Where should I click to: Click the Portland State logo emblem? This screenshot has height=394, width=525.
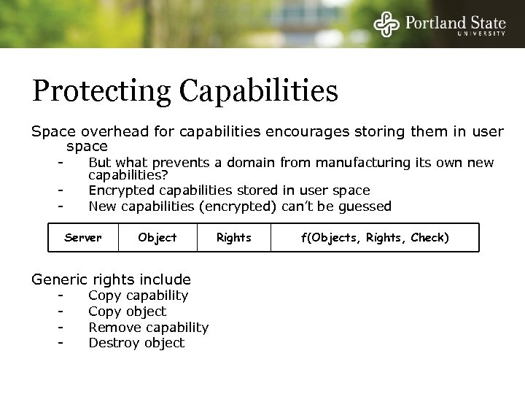[x=386, y=24]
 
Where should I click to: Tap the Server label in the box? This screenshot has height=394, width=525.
[x=82, y=237]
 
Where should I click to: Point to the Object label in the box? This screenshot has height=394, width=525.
[x=157, y=237]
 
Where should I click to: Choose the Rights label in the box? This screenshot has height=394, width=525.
[x=233, y=237]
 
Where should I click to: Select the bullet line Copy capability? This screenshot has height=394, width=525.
[x=138, y=295]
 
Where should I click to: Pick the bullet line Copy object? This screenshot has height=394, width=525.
[x=127, y=312]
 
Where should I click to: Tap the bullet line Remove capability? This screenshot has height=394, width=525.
[x=148, y=328]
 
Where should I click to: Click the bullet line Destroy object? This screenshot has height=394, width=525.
[x=136, y=343]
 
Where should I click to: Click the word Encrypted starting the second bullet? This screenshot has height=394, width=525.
[x=120, y=190]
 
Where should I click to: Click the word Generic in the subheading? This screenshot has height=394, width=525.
[x=58, y=279]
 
